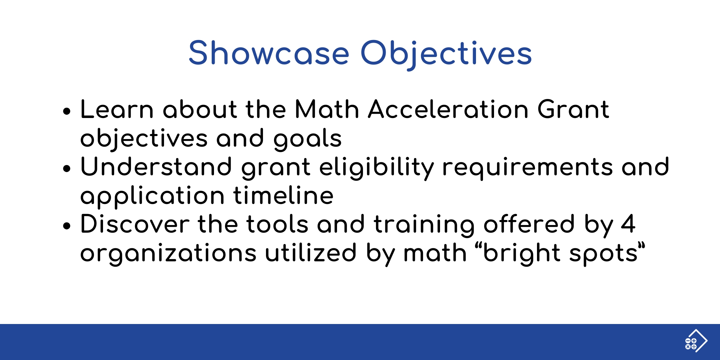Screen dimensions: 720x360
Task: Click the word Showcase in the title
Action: click(x=269, y=53)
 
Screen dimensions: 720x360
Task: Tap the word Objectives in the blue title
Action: click(x=446, y=54)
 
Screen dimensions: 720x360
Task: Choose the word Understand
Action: click(x=156, y=166)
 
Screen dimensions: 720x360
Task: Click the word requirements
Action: click(x=527, y=168)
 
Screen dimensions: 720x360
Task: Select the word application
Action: click(x=152, y=196)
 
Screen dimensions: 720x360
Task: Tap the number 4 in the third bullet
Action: click(x=628, y=224)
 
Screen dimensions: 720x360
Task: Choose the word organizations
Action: click(x=168, y=254)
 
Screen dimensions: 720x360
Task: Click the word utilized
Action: click(x=311, y=252)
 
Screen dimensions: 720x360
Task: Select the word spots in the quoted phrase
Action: click(x=603, y=254)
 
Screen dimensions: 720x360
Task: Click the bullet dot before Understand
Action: click(x=67, y=168)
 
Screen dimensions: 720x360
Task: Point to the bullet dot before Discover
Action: click(x=67, y=226)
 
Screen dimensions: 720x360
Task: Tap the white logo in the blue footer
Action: click(x=696, y=341)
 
